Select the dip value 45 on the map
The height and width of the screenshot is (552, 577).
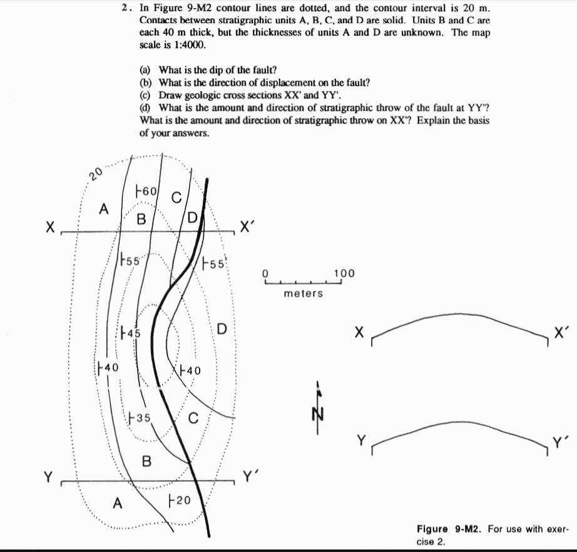[x=133, y=333]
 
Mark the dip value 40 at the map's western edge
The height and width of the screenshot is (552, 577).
[x=111, y=366]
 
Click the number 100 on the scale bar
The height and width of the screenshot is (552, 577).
[x=344, y=273]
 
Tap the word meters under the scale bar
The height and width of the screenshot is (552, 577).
[x=303, y=293]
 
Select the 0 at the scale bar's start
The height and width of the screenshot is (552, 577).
[x=265, y=273]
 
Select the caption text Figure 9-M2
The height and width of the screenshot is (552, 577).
[x=451, y=529]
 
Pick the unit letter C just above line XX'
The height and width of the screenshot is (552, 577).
[x=176, y=198]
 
